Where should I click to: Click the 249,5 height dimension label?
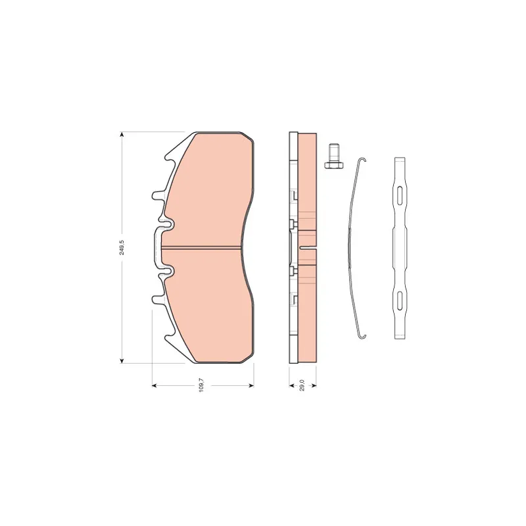coord(122,247)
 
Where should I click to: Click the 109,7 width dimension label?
coord(201,385)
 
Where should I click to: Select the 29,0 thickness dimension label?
coord(302,385)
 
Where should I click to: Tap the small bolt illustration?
coord(333,156)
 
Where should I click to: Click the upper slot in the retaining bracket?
coord(400,195)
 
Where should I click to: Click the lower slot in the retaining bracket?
coord(400,300)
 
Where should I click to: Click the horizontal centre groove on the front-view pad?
coord(201,248)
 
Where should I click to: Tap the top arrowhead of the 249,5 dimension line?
coord(122,135)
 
